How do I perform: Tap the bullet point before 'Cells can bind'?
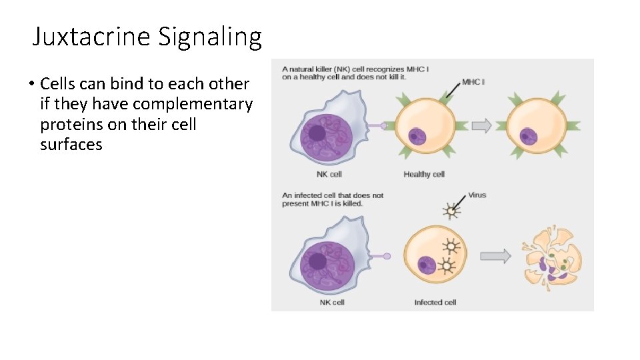tap(31, 85)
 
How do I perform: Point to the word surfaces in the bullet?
tap(71, 145)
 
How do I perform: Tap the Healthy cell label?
tap(424, 175)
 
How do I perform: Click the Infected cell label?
tap(435, 302)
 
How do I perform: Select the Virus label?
tap(477, 195)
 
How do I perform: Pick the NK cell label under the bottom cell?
tap(332, 302)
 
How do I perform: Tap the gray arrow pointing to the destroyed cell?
tap(495, 255)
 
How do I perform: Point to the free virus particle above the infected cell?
tap(452, 211)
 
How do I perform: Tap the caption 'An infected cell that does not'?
tap(333, 195)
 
